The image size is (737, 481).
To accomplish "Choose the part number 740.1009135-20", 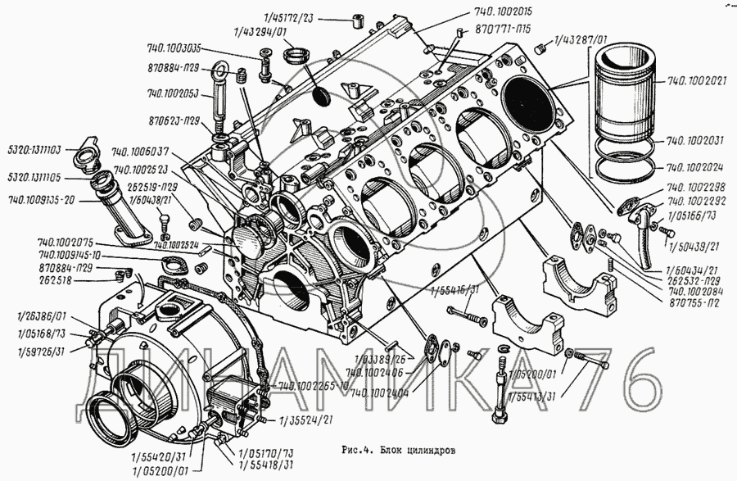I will [43, 199].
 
